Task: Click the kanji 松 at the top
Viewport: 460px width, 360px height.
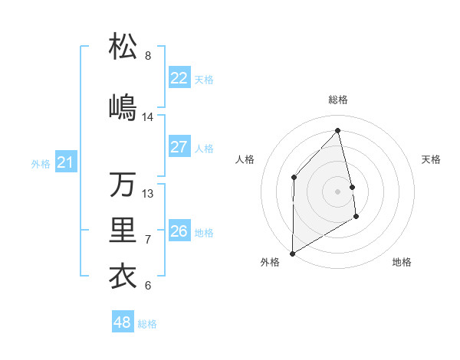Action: [x=123, y=47]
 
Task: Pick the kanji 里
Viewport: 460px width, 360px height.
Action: [x=123, y=231]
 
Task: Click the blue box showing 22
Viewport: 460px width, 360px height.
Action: [x=179, y=78]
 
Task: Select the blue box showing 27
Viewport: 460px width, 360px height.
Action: [x=179, y=147]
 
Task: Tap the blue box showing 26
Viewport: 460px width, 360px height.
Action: [x=179, y=231]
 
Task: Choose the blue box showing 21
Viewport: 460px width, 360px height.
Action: [x=66, y=162]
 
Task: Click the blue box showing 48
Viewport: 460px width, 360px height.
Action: [x=123, y=322]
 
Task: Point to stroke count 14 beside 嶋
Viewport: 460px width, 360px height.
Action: [x=148, y=117]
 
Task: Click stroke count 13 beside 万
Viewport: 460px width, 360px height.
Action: [x=148, y=194]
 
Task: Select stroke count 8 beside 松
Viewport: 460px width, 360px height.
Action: [x=148, y=56]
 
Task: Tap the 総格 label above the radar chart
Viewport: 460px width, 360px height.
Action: [x=338, y=100]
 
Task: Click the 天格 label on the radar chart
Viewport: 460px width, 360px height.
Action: [x=432, y=159]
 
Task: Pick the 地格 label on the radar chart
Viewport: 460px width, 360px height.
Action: [x=402, y=262]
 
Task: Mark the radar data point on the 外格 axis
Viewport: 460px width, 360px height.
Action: [x=292, y=253]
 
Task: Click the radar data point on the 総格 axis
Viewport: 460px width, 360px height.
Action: [x=338, y=130]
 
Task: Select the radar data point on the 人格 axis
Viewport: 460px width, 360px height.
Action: [x=294, y=177]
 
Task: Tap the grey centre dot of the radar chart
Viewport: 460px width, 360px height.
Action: [x=338, y=191]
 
